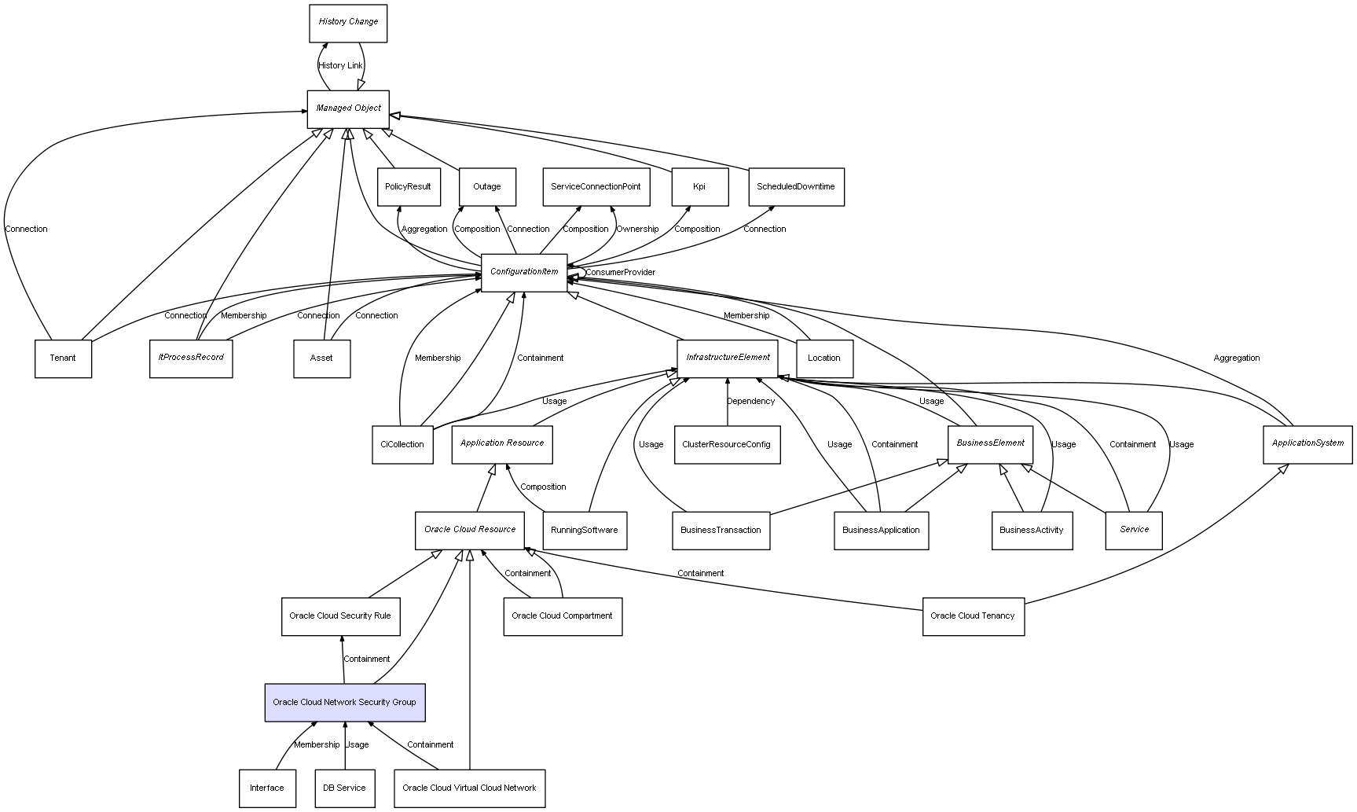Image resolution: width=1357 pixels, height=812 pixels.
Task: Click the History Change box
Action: coord(347,23)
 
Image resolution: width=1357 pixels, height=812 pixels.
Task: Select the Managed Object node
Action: coord(348,108)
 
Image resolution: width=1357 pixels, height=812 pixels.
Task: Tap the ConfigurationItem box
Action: coord(524,272)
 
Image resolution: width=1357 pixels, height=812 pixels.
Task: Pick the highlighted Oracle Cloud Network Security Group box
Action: coord(344,702)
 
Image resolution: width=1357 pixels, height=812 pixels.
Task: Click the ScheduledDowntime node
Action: coord(795,187)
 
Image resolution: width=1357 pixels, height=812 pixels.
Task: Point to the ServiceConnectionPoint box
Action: coord(596,187)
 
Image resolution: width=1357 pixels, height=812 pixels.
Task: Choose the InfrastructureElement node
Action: coord(728,358)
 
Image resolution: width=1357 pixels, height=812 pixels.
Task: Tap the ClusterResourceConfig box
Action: coord(727,444)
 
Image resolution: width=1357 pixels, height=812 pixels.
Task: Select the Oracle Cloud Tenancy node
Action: coord(973,616)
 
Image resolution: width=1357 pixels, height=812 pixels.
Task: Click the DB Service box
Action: coord(345,788)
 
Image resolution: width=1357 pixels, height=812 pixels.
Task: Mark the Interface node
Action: coord(267,788)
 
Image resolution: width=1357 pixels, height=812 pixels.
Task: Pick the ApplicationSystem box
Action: coord(1307,444)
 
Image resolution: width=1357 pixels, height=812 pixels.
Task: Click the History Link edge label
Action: coord(340,66)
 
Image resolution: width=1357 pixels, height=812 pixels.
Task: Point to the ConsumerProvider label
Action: coord(620,273)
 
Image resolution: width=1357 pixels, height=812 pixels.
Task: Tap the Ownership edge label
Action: coord(637,230)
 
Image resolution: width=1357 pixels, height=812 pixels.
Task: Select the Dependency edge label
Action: coord(750,402)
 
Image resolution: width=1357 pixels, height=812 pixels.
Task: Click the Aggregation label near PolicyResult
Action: coord(424,230)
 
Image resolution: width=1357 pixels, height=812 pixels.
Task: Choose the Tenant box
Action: coord(63,358)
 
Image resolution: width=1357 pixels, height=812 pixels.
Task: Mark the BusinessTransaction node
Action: coord(721,531)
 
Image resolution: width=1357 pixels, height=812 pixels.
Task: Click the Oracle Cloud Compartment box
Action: coord(563,616)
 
